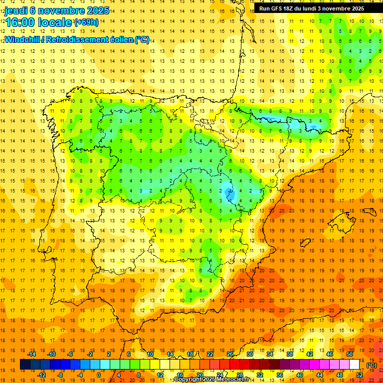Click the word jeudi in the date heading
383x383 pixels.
16,10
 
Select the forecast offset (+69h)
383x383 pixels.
86,22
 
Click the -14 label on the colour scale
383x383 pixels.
34,354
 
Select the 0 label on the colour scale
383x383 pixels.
98,375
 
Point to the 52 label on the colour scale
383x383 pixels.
360,375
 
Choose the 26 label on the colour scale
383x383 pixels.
230,354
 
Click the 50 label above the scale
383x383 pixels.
350,354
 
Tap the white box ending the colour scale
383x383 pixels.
355,365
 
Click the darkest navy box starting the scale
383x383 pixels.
24,365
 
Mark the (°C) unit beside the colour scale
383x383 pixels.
372,365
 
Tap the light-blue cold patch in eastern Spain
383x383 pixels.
229,192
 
